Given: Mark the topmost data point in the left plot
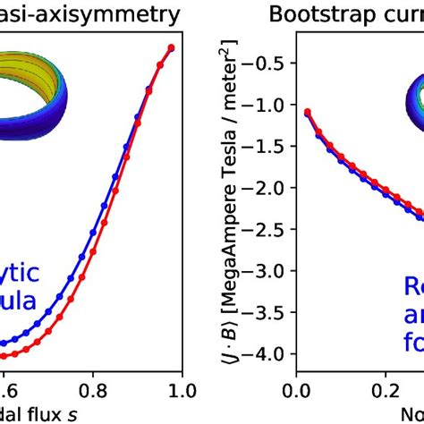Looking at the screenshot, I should [x=171, y=47].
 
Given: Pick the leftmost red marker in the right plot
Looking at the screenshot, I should [x=308, y=112].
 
